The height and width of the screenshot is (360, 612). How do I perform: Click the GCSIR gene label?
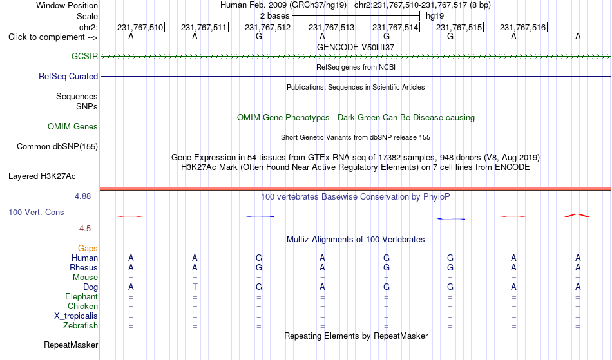point(84,56)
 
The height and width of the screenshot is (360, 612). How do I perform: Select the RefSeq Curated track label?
point(68,77)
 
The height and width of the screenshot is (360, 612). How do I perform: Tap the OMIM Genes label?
point(73,126)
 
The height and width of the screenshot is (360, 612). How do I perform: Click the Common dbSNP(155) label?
point(57,147)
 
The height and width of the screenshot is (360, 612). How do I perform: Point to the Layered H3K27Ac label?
point(42,176)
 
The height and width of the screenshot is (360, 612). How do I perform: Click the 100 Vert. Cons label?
point(36,212)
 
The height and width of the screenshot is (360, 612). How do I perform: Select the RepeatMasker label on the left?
point(71,345)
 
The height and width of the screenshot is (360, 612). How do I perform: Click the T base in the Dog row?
point(195,287)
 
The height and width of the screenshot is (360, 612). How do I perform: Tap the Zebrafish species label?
point(81,325)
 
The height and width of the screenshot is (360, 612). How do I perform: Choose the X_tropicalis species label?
point(76,316)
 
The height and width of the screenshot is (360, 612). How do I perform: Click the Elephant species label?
point(81,296)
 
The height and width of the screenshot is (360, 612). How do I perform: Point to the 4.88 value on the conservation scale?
point(82,196)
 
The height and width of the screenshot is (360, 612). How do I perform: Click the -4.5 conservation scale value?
point(84,228)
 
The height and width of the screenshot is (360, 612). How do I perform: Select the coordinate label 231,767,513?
point(331,27)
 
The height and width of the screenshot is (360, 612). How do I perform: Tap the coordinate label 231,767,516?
point(522,27)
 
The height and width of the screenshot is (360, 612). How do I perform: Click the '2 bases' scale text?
point(275,16)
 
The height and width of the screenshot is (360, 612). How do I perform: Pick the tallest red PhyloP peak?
point(577,215)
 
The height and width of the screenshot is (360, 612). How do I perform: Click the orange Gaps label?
point(88,248)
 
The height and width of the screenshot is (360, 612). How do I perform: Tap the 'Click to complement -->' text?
point(53,37)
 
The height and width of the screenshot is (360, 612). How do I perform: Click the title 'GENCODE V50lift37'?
point(356,47)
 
